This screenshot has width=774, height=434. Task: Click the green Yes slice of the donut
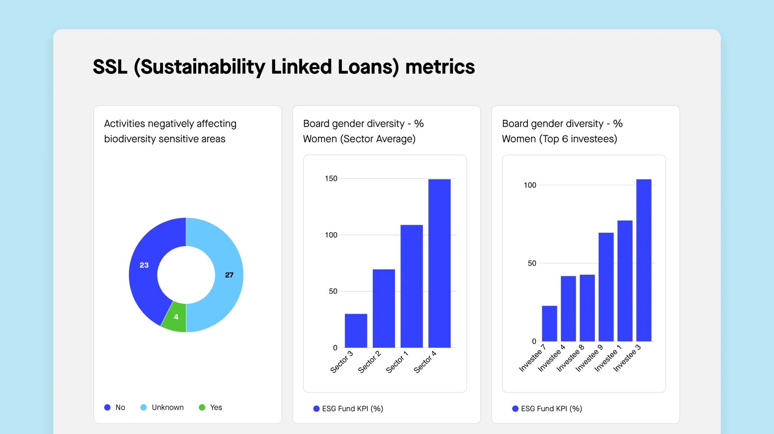coord(175,317)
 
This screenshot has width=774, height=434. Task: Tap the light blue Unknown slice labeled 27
coord(229,275)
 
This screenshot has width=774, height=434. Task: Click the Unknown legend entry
coord(167,408)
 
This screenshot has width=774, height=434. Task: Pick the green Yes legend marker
coord(202,408)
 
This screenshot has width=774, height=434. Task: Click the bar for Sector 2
coord(384,308)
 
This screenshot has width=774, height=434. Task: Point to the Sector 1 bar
coord(411,286)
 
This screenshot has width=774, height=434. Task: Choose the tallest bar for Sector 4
coord(439,263)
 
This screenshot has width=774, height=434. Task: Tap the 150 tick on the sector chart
coord(331,178)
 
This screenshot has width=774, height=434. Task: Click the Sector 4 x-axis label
coord(425,362)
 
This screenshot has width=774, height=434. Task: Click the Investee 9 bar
coord(606,287)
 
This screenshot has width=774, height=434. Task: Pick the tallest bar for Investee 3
coord(644,260)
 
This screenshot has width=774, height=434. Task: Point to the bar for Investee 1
coord(625,281)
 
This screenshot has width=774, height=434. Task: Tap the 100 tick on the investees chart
coord(530,185)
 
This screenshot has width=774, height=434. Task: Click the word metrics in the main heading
coord(440,67)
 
